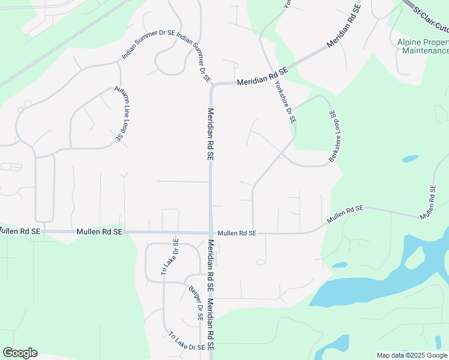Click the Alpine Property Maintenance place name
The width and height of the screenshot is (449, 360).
(423, 46)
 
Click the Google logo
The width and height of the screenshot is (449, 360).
(20, 353)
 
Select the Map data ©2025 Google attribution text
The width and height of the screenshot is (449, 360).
(412, 355)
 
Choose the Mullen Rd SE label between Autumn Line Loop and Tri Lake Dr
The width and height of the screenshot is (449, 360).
(100, 232)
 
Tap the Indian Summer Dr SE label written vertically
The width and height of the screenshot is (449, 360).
(194, 59)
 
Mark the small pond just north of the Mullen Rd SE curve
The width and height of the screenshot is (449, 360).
(410, 159)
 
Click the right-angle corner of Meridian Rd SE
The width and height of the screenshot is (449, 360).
(212, 86)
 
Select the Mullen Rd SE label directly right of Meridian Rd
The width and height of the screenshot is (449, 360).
(237, 233)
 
